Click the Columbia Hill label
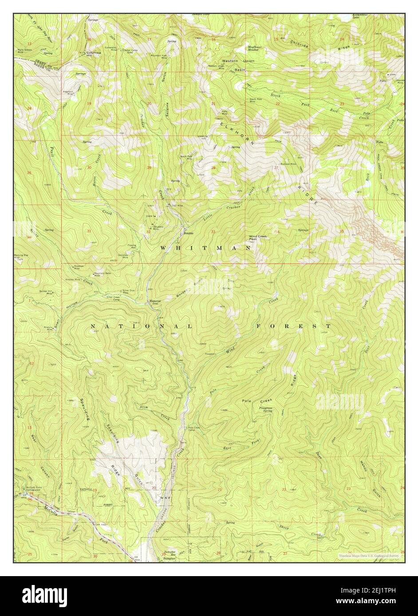tap(94, 54)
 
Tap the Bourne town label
tap(187, 233)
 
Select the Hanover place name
tap(154, 302)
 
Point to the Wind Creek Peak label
tap(257, 238)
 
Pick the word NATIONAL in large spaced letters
tap(141, 327)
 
